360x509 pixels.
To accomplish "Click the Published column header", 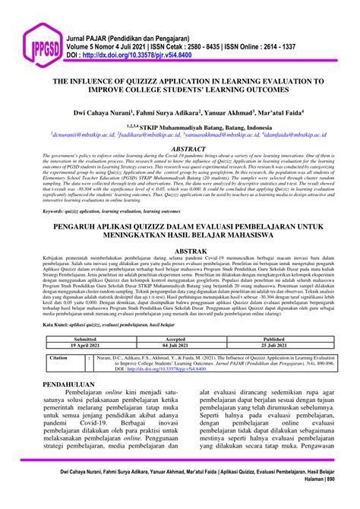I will tap(273, 340).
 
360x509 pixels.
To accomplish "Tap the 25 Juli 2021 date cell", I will tap(273, 346).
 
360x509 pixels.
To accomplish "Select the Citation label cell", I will tap(58, 356).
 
